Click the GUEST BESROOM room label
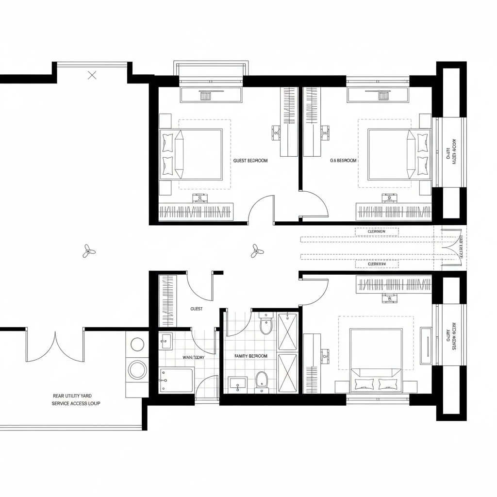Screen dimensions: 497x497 [x=250, y=160]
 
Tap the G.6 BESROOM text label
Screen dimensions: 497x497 [x=343, y=160]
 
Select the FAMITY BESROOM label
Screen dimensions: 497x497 [x=250, y=356]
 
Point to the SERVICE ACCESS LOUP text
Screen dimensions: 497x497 [x=76, y=403]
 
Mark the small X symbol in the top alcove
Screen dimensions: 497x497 [x=92, y=75]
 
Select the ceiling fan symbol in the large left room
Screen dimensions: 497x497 [x=89, y=251]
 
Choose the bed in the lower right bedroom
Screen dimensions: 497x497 [x=376, y=359]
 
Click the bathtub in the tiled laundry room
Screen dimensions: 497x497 [x=176, y=380]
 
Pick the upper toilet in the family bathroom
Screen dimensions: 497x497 [x=266, y=324]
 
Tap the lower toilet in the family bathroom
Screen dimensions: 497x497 [x=262, y=381]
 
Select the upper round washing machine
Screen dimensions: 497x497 [x=137, y=344]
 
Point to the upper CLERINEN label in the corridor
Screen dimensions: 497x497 [x=376, y=232]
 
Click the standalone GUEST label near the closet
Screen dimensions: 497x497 [x=197, y=309]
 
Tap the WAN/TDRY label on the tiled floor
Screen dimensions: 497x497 [x=193, y=357]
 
